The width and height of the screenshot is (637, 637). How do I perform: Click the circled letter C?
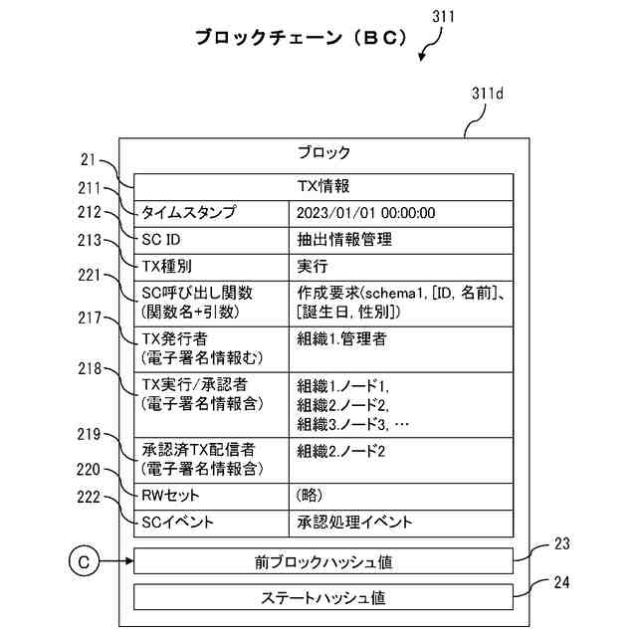tap(84, 561)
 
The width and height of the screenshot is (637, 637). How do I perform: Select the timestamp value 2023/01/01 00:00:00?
tap(365, 213)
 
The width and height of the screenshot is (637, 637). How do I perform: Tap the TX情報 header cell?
tap(323, 187)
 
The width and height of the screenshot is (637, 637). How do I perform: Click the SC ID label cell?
tap(211, 240)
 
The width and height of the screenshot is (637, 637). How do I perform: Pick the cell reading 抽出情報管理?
tap(401, 240)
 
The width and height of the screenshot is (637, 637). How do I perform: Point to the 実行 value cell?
tap(401, 267)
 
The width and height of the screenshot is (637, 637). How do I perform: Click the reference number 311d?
tap(487, 94)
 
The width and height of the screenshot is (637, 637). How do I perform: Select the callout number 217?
tap(90, 318)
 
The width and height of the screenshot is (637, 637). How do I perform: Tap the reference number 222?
tap(89, 497)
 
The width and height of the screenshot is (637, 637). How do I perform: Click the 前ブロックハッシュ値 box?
tap(323, 561)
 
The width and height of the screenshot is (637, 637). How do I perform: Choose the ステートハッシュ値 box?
tap(323, 597)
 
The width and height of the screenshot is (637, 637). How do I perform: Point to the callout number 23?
tap(561, 543)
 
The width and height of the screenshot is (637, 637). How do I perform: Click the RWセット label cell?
tap(211, 497)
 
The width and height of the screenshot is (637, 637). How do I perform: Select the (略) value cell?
tap(401, 497)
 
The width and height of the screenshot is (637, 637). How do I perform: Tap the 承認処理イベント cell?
tap(401, 524)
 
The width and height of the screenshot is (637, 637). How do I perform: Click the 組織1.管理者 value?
tap(341, 338)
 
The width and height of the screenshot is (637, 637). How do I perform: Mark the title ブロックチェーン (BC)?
tap(301, 38)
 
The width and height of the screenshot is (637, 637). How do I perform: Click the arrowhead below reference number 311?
tap(422, 58)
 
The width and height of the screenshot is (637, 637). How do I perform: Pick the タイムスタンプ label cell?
tap(211, 214)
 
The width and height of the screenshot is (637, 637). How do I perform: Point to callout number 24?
tap(561, 582)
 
